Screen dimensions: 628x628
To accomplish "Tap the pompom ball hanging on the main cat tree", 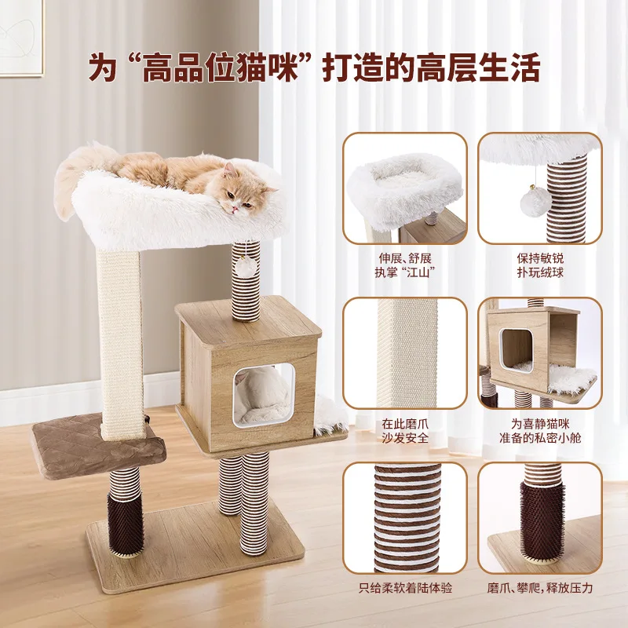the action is pos(246,266).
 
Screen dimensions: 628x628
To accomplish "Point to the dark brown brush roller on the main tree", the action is pos(125,523).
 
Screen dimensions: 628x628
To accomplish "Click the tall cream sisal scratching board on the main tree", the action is pos(120,345).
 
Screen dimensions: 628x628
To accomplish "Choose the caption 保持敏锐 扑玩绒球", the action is pos(540,265).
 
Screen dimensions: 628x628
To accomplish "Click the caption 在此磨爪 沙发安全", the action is pos(405,430).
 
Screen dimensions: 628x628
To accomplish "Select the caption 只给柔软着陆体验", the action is pos(405,588).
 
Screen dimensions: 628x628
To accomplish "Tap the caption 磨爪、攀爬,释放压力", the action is pos(540,588).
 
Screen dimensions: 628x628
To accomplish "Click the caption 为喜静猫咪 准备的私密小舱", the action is pos(540,430).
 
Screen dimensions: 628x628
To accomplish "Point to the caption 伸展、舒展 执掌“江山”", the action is pos(405,265).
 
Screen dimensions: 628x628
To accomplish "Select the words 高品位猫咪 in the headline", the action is pos(221,68).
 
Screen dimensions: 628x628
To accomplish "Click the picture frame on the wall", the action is pos(22,38).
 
